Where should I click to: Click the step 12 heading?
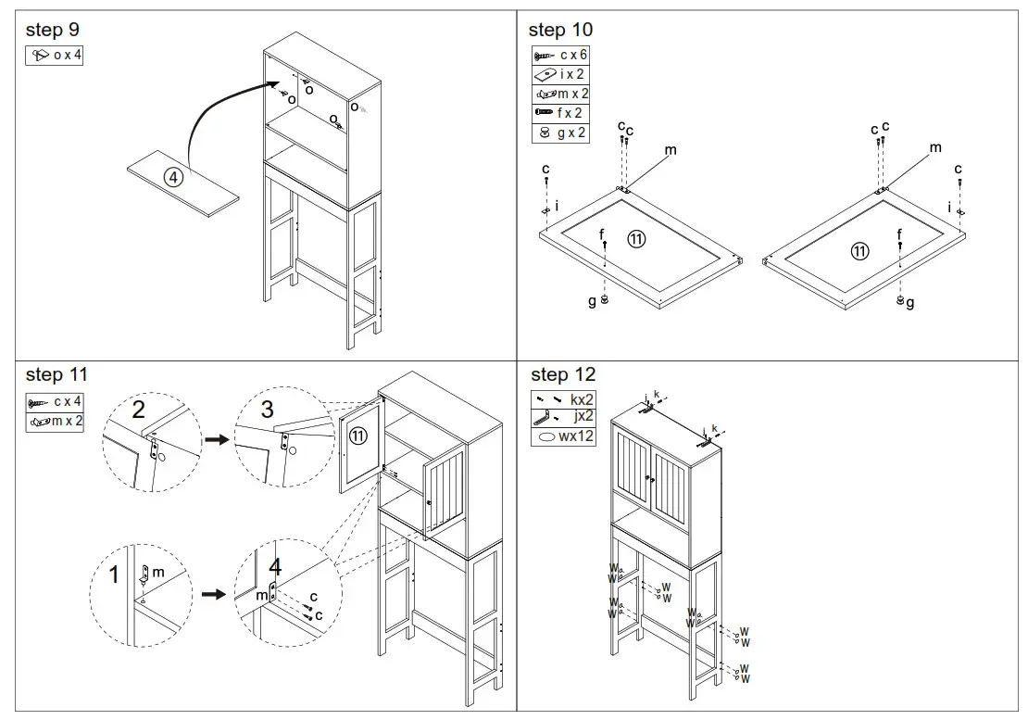click(563, 374)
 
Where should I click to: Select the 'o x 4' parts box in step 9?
click(55, 56)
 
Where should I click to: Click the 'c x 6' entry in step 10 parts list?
click(561, 56)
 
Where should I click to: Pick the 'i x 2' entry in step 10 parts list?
click(561, 75)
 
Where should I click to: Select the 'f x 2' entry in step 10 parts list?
click(561, 113)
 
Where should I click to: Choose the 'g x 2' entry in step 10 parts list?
click(561, 133)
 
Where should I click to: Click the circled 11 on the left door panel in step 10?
click(636, 239)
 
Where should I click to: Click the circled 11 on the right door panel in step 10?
click(860, 250)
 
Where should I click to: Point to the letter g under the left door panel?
click(593, 302)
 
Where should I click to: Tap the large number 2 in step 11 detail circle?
click(138, 409)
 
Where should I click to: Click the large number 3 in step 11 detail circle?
click(267, 409)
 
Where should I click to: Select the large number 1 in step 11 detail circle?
click(115, 575)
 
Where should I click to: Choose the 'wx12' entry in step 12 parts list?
click(563, 436)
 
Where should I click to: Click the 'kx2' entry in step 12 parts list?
click(563, 398)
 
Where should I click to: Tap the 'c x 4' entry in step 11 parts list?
click(56, 402)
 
